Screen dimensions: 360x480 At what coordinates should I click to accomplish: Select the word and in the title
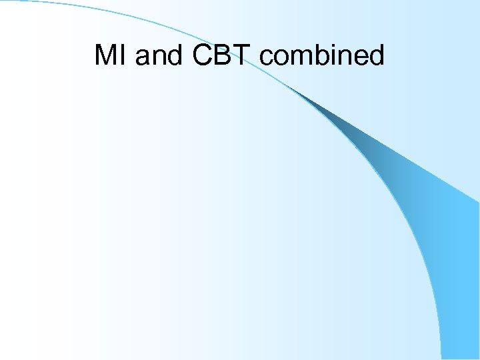[161, 55]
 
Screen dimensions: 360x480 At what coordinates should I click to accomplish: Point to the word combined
[322, 55]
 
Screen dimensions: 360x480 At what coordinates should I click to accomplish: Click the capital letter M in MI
[106, 55]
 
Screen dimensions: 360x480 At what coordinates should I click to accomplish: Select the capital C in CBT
[203, 55]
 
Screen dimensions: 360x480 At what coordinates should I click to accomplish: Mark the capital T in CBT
[243, 55]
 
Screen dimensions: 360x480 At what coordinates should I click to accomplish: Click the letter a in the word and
[143, 58]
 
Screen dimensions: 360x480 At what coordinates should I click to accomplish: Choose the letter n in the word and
[160, 58]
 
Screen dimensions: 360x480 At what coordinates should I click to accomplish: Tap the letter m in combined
[304, 58]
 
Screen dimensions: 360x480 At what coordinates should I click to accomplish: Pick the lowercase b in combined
[326, 55]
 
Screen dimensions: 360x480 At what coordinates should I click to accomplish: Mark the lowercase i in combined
[339, 55]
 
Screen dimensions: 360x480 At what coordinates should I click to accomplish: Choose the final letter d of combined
[377, 55]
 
